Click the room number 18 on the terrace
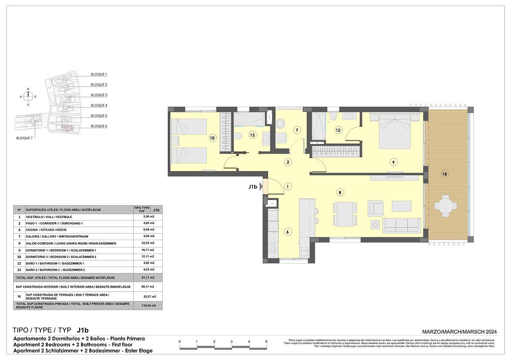445,174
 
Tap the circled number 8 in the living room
340,192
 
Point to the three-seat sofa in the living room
401,225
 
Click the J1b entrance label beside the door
253,186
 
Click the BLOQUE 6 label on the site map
99,126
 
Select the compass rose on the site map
28,96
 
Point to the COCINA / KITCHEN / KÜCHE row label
46,230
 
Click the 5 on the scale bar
266,342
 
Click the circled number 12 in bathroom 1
338,130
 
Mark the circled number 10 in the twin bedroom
212,138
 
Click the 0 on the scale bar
180,342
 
